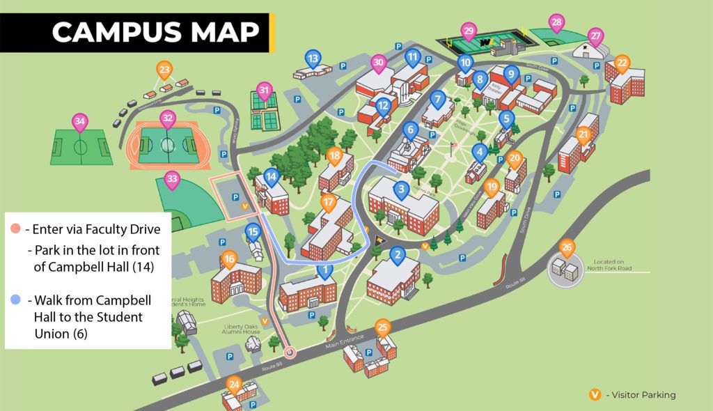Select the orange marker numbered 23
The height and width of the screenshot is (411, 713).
[164, 70]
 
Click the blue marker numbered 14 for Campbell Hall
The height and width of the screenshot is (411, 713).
[271, 177]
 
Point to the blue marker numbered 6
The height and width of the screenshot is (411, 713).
[410, 130]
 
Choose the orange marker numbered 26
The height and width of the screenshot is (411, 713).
[567, 247]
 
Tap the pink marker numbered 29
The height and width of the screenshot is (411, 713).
[469, 31]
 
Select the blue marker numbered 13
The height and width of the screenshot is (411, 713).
[313, 59]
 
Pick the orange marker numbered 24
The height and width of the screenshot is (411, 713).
[234, 384]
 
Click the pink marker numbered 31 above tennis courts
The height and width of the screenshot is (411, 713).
[263, 91]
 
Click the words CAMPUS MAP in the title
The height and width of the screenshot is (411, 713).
[155, 32]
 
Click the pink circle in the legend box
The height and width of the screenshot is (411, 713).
[15, 229]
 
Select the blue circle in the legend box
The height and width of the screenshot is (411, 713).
[15, 300]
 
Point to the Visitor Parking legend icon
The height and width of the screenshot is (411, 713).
[595, 395]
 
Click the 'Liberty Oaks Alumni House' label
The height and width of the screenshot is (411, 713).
[242, 329]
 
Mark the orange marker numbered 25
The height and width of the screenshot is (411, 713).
[382, 327]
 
